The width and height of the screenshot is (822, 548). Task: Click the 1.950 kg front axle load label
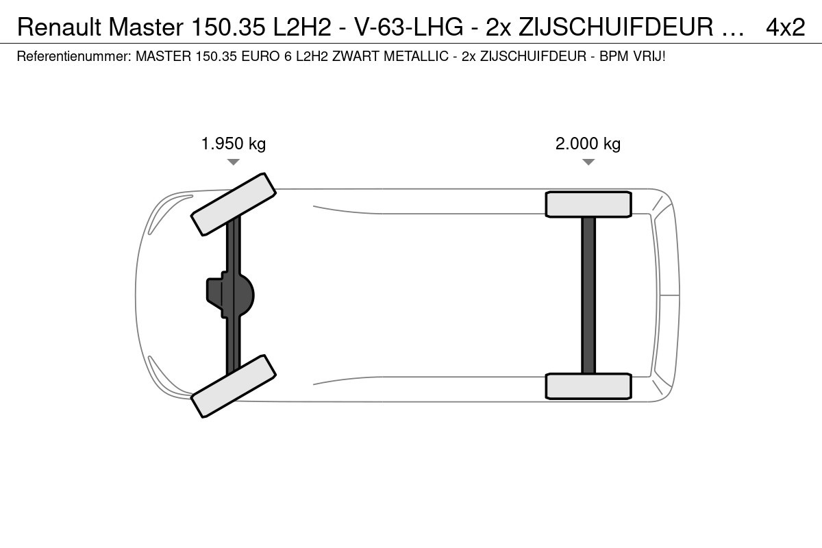click(234, 144)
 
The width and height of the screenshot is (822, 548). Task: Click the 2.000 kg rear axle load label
click(588, 144)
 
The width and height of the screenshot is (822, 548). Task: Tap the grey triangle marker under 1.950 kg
click(234, 162)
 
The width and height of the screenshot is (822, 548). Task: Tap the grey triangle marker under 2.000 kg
click(588, 162)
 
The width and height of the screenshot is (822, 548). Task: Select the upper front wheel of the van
click(234, 204)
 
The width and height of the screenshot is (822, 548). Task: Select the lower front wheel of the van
click(234, 386)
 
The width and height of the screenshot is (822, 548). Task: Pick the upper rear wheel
click(588, 204)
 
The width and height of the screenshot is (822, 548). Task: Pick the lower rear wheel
click(588, 386)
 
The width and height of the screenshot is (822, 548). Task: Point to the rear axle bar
click(588, 295)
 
